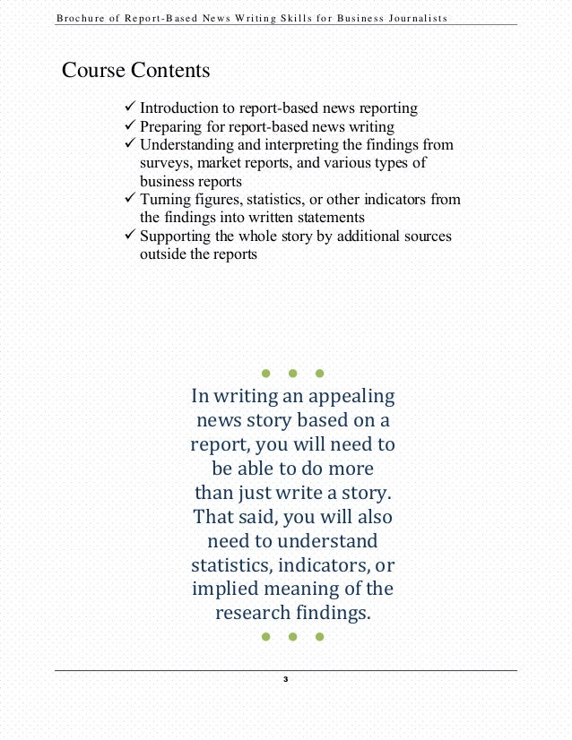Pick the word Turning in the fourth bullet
click(x=165, y=199)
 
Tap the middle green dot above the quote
click(x=292, y=373)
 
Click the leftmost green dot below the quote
click(x=265, y=637)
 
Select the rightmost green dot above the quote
click(x=320, y=373)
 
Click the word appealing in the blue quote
click(x=350, y=396)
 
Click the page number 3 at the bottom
click(x=285, y=681)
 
